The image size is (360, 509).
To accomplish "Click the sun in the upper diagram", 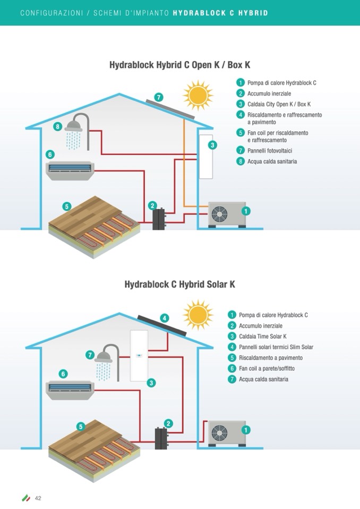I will pos(198,96).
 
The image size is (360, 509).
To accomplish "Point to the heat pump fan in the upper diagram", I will pos(219,214).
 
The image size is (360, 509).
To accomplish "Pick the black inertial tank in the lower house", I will pos(160,438).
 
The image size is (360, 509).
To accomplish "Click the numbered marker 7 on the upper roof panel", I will pos(158,97).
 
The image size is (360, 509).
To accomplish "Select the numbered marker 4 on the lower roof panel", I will pos(165,318).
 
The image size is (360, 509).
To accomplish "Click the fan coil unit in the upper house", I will pos(70,170).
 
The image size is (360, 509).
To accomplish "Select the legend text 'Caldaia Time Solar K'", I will pos(263,337).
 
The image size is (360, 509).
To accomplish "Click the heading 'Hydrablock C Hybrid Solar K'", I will pos(179,284).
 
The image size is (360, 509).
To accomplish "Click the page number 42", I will pos(38,498).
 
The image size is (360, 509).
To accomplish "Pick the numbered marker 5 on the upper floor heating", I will pos(66,206).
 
